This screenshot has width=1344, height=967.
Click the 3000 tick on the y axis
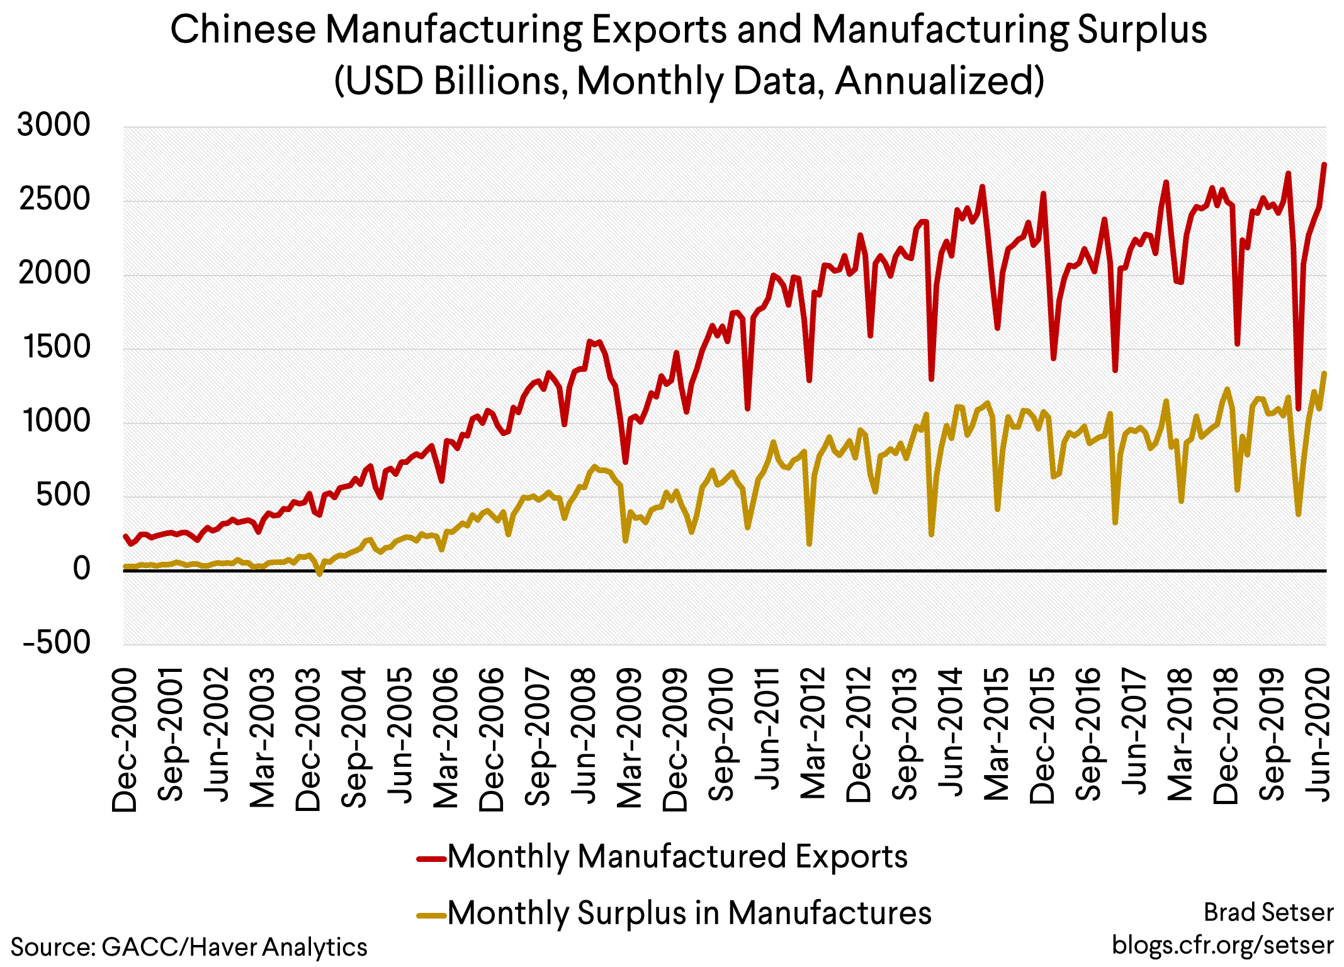point(54,125)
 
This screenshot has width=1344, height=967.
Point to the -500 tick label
point(57,642)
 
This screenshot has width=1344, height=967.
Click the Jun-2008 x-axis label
point(584,736)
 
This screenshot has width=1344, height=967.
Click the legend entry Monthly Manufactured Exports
point(677,857)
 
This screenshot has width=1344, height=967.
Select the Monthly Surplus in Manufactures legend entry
point(689,913)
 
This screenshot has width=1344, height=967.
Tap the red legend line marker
point(432,859)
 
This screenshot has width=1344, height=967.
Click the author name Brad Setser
point(1268,912)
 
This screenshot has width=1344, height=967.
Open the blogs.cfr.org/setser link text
point(1222,945)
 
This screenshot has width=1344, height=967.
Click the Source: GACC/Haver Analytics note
point(189,947)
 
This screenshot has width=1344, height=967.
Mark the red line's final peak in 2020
point(1324,165)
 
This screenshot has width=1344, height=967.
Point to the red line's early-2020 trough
point(1298,408)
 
